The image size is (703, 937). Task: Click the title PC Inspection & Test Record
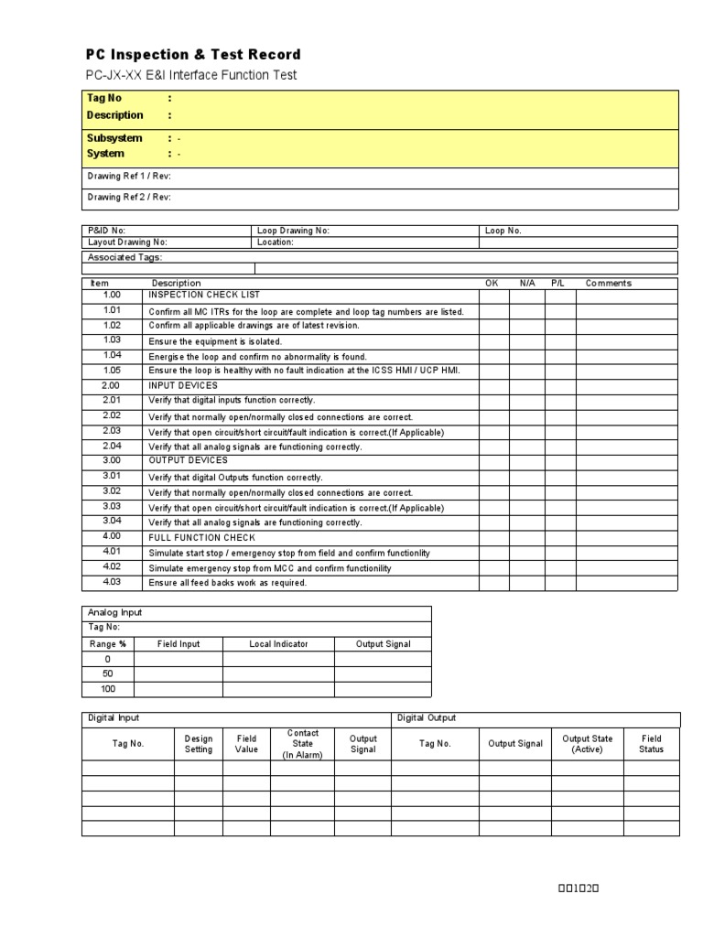point(193,55)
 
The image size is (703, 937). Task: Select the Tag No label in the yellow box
point(103,98)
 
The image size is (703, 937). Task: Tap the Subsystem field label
point(114,138)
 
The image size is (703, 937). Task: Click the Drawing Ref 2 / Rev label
point(128,197)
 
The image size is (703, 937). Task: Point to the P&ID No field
point(106,231)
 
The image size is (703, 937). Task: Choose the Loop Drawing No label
point(293,231)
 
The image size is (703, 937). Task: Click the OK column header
point(492,284)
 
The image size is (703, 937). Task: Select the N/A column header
point(527,284)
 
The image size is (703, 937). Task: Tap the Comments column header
point(609,284)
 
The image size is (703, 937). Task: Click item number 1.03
point(112,339)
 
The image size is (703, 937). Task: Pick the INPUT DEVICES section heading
point(183,385)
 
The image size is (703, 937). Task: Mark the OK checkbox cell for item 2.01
point(493,401)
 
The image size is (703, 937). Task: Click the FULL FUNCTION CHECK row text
point(201,537)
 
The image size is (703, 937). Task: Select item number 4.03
point(112,581)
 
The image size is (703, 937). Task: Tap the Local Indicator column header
point(278,644)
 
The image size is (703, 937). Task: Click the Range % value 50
point(107,673)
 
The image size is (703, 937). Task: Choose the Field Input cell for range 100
point(178,689)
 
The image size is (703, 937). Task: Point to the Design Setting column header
point(199,744)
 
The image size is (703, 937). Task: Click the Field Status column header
point(651,744)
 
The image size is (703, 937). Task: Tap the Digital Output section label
point(427,718)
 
